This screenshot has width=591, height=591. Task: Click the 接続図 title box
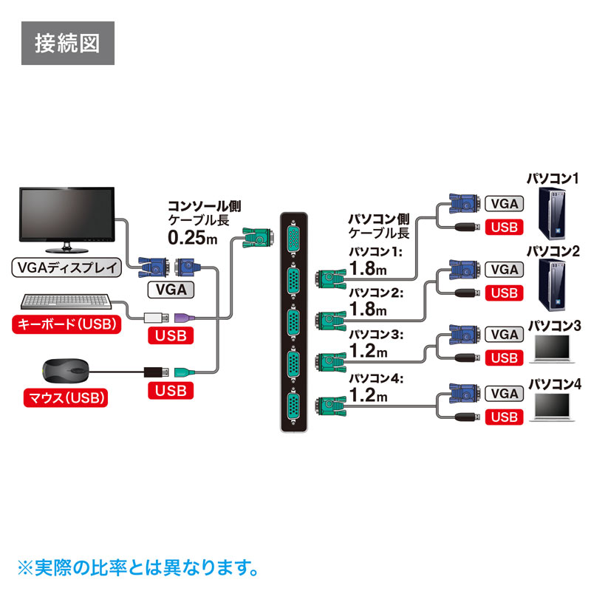66,44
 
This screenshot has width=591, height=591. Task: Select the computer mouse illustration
67,370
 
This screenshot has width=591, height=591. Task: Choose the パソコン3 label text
554,325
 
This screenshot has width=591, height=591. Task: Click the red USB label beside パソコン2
505,293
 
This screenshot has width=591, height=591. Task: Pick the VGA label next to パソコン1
505,205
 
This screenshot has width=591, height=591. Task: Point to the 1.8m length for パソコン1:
369,267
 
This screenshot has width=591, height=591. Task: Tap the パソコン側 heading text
378,219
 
